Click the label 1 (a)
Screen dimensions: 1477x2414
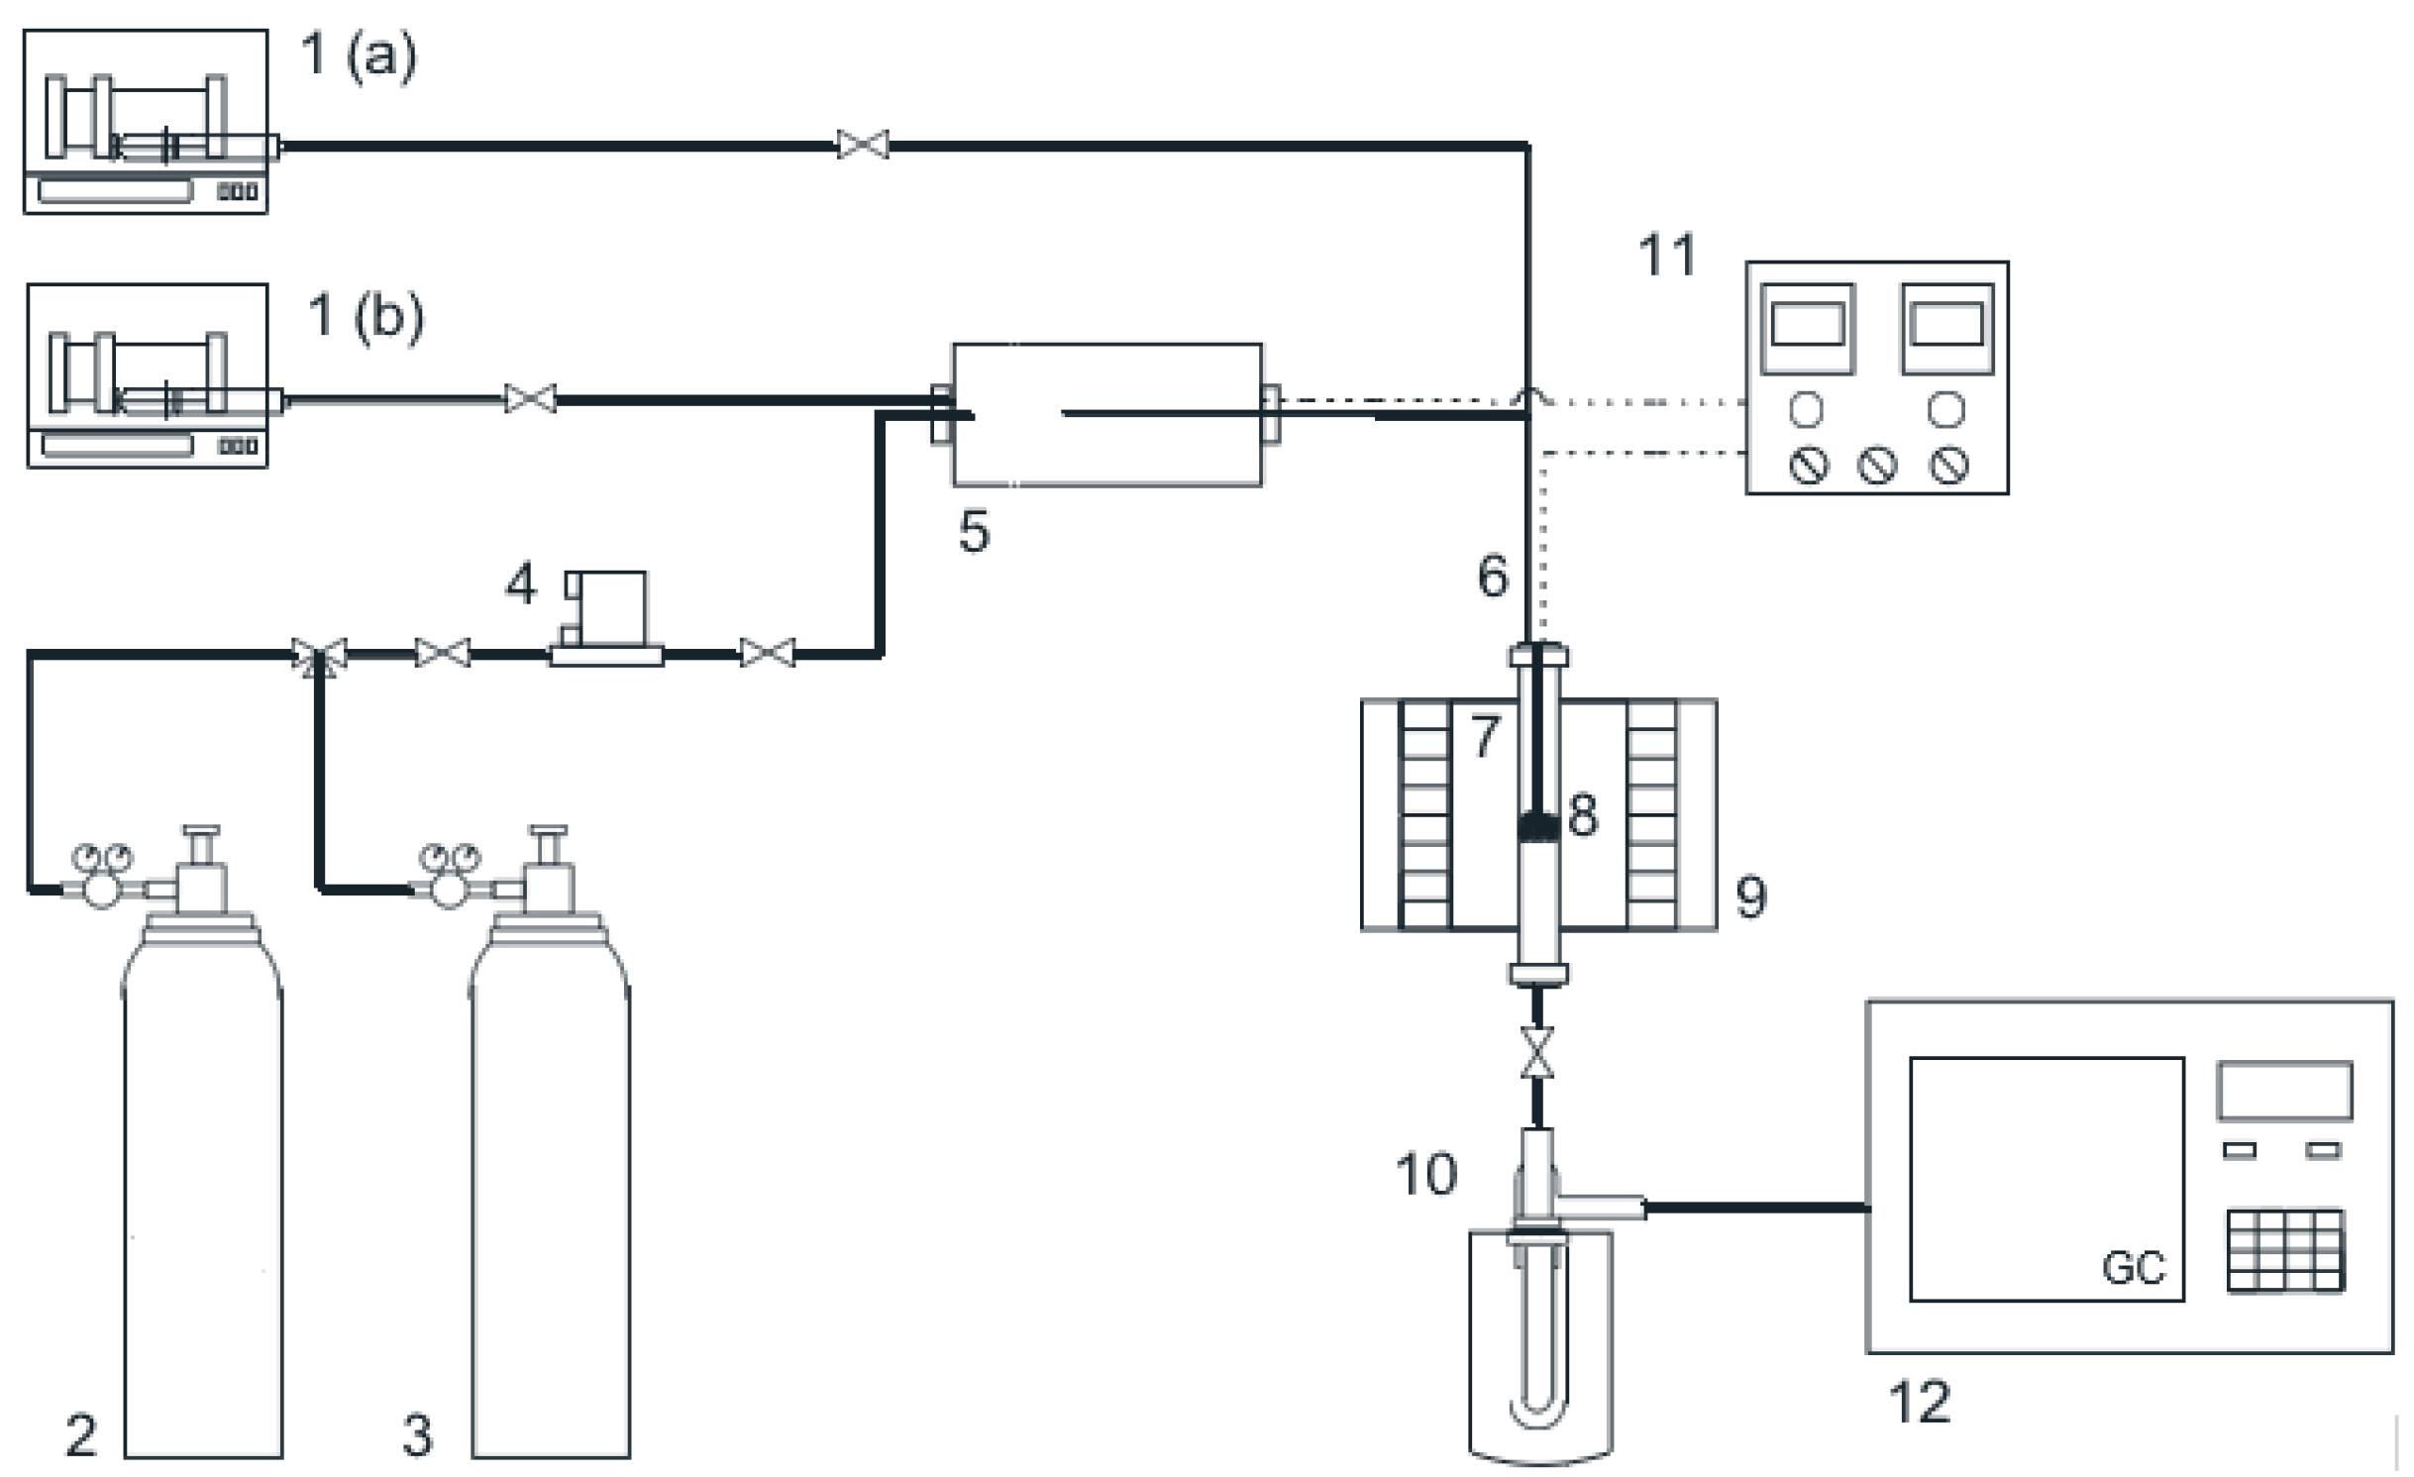(359, 54)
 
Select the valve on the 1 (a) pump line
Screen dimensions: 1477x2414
(863, 145)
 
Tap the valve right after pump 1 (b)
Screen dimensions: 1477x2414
(530, 399)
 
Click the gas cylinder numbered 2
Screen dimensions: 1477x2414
(203, 1189)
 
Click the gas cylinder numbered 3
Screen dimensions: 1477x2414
(551, 1189)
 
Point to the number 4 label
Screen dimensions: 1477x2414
(521, 584)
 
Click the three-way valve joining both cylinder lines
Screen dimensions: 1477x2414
(319, 655)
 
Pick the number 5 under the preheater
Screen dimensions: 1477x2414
(974, 532)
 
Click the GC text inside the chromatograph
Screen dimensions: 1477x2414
(2134, 1268)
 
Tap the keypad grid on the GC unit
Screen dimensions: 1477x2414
(2286, 1251)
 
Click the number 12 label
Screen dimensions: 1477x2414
(1919, 1403)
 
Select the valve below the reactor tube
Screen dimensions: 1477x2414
(1537, 1052)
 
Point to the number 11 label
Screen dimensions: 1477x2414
(1667, 255)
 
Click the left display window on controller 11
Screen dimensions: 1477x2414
(1807, 326)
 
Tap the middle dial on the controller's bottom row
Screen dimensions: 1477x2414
(1876, 465)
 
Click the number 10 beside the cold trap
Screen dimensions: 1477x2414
(1425, 1174)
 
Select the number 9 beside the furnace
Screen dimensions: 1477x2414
(1750, 897)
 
